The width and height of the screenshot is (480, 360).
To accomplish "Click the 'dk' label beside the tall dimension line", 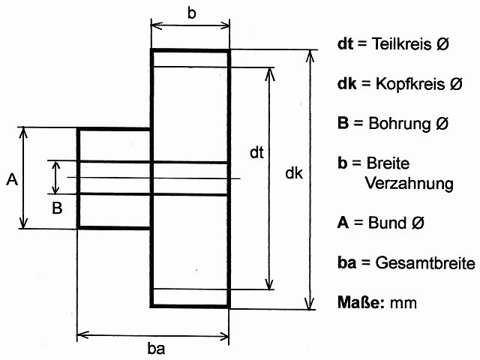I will (x=294, y=173).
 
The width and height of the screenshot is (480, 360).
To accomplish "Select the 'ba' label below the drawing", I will (x=157, y=348).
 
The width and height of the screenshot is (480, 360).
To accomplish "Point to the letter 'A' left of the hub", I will (x=11, y=179).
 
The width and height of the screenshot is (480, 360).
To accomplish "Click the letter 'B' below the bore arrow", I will (x=56, y=208).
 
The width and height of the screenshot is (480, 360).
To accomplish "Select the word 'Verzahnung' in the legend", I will (x=409, y=183).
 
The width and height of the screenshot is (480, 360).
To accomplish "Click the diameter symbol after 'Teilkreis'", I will (x=442, y=44).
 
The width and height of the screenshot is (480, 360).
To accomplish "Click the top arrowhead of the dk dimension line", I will (x=308, y=55).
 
